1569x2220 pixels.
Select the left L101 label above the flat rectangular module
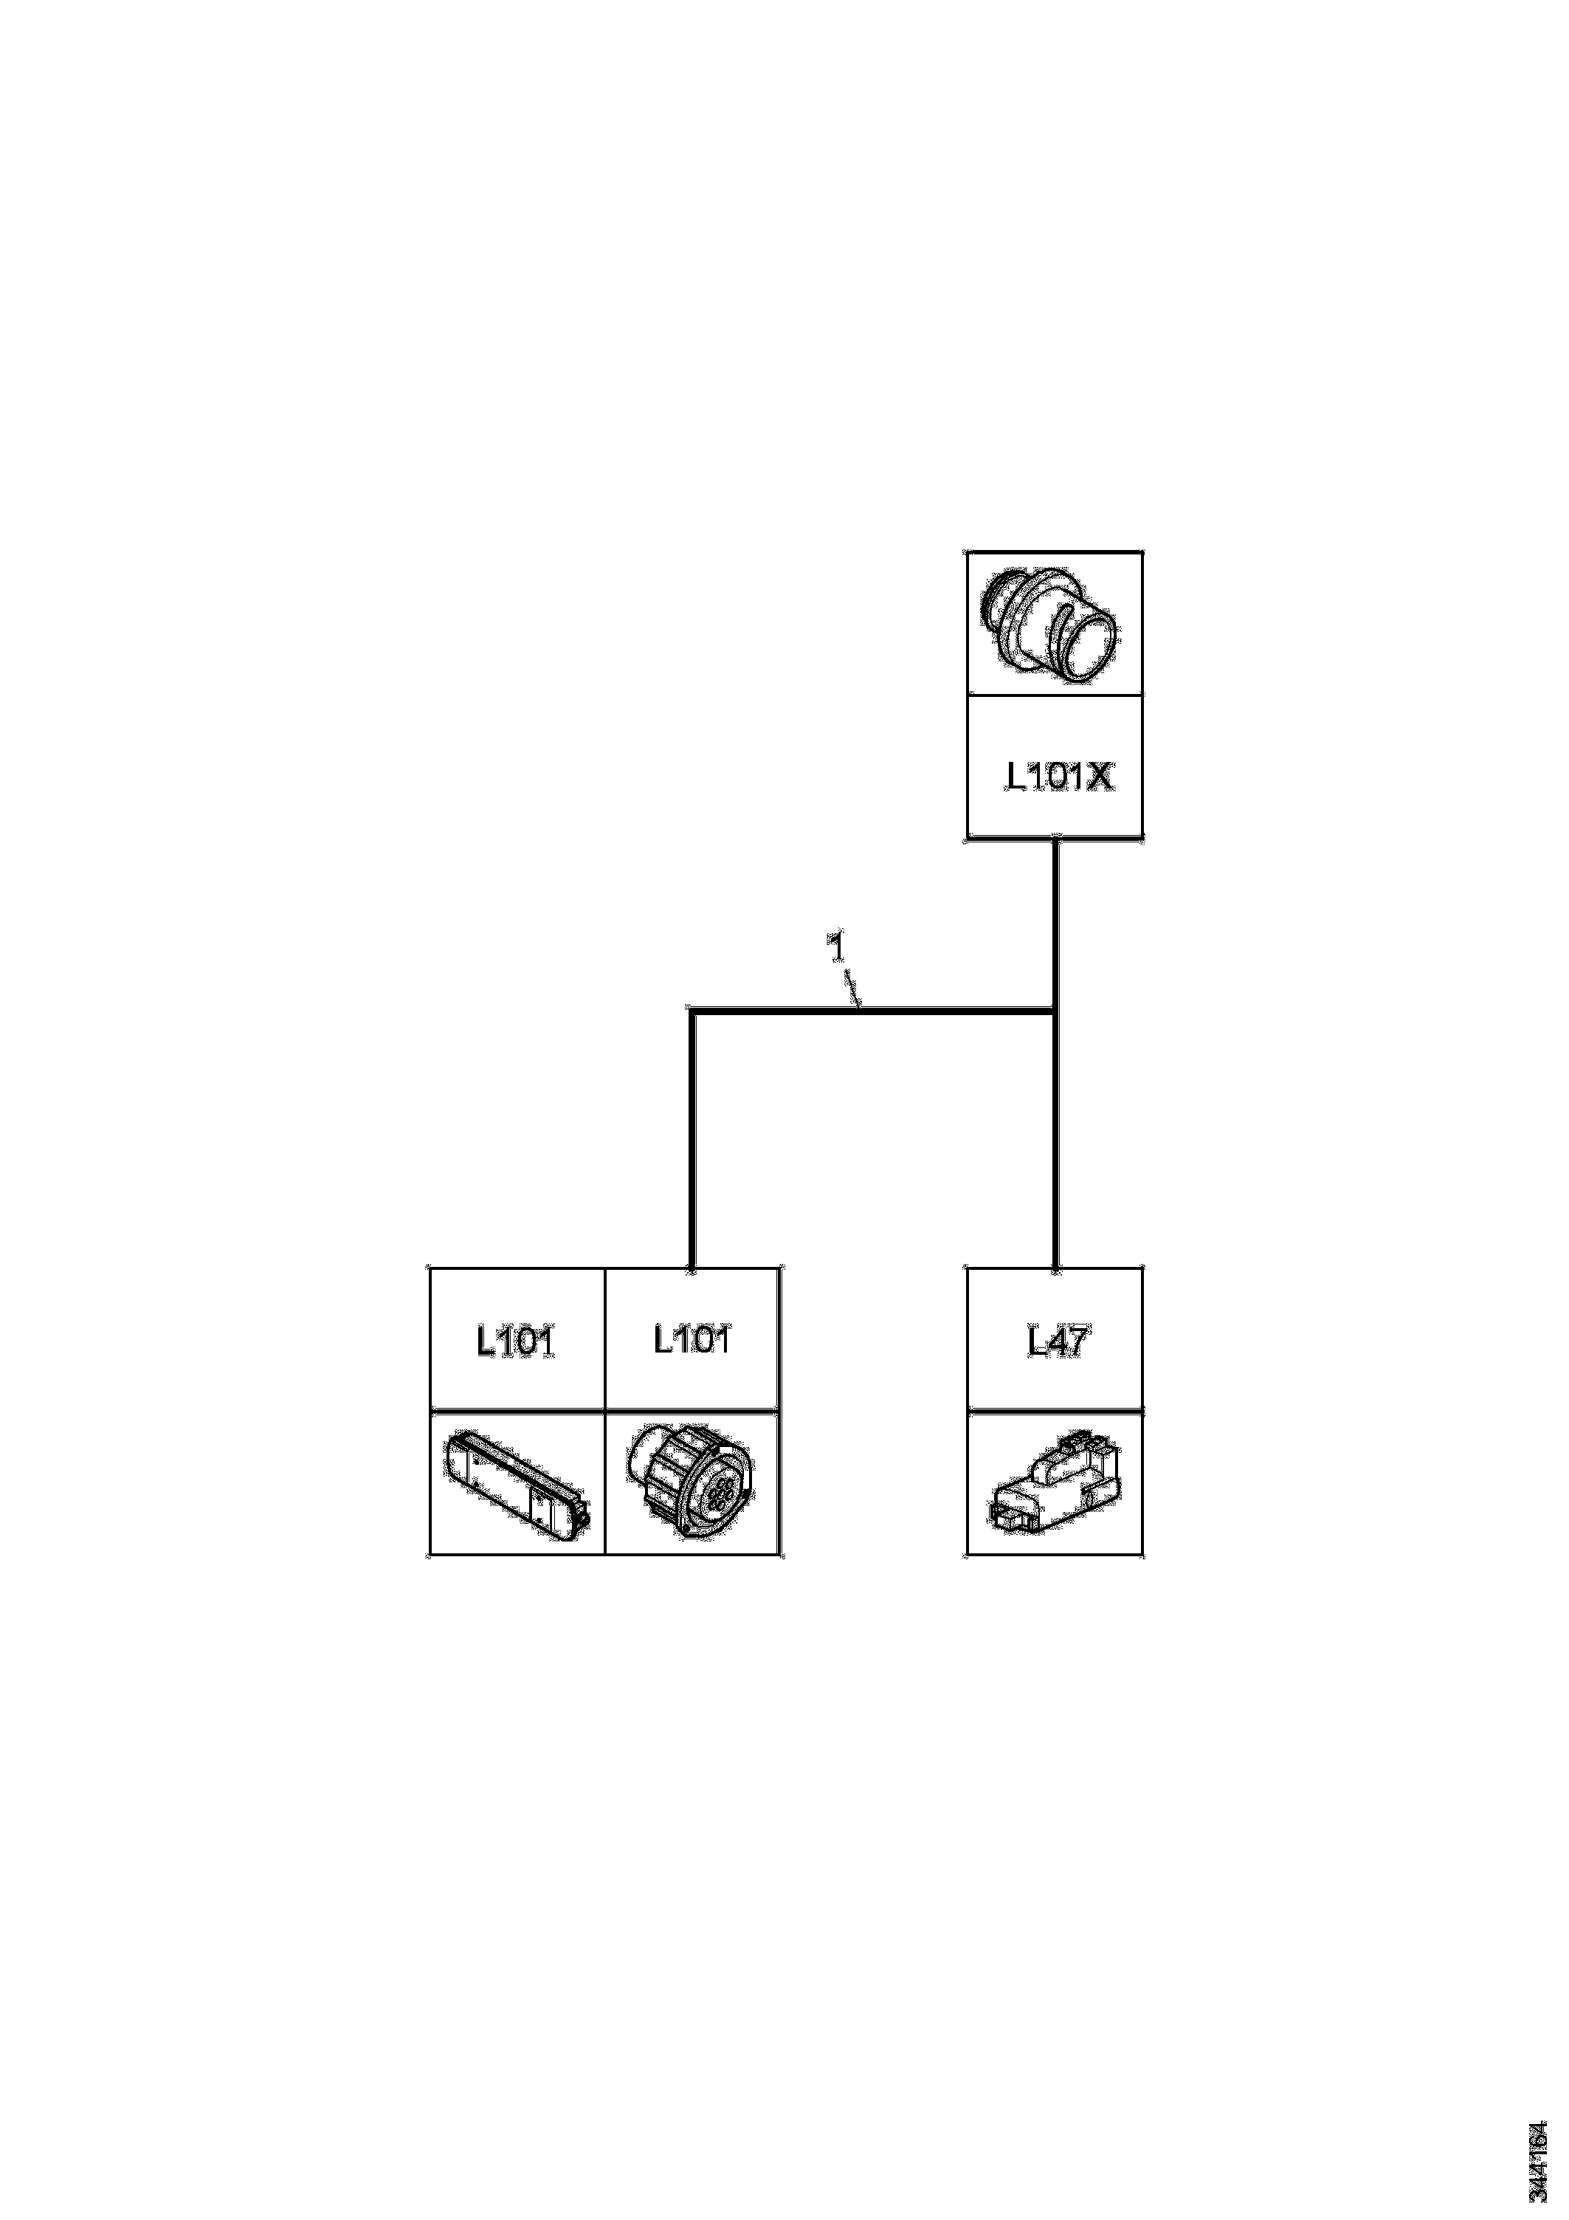pyautogui.click(x=515, y=1342)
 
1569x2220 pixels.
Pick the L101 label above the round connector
pyautogui.click(x=692, y=1340)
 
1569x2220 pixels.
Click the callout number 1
pyautogui.click(x=837, y=946)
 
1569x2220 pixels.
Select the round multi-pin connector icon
pyautogui.click(x=692, y=1484)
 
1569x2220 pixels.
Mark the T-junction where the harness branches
pyautogui.click(x=1055, y=1011)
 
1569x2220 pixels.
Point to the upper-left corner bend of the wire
pyautogui.click(x=692, y=1011)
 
